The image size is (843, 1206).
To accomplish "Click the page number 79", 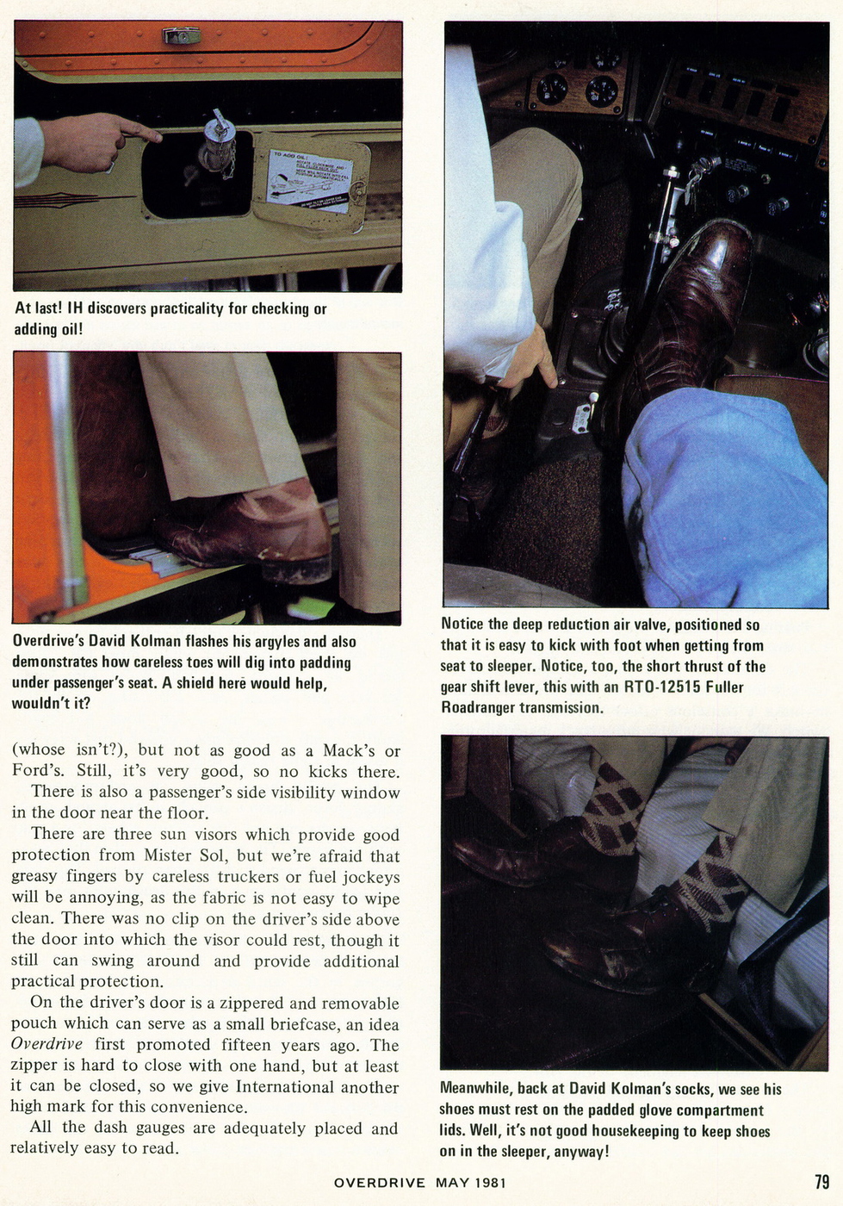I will pyautogui.click(x=821, y=1182).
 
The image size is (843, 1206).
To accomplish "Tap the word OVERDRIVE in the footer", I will pyautogui.click(x=379, y=1183).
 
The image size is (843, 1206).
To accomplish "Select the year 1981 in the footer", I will pyautogui.click(x=490, y=1183).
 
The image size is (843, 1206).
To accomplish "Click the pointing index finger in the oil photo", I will pyautogui.click(x=142, y=132).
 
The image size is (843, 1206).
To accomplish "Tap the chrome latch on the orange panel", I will pyautogui.click(x=182, y=35).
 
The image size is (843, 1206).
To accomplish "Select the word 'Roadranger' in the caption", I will pyautogui.click(x=478, y=707).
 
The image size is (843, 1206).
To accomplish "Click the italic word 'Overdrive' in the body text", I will pyautogui.click(x=46, y=1045).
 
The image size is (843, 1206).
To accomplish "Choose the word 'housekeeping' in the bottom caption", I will pyautogui.click(x=637, y=1131).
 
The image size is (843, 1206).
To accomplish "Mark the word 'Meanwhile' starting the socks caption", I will pyautogui.click(x=477, y=1089).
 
